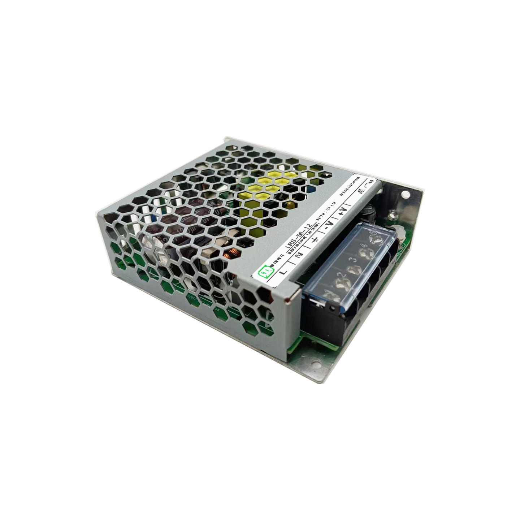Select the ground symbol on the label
click(x=315, y=242)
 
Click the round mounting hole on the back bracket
click(x=405, y=195)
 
